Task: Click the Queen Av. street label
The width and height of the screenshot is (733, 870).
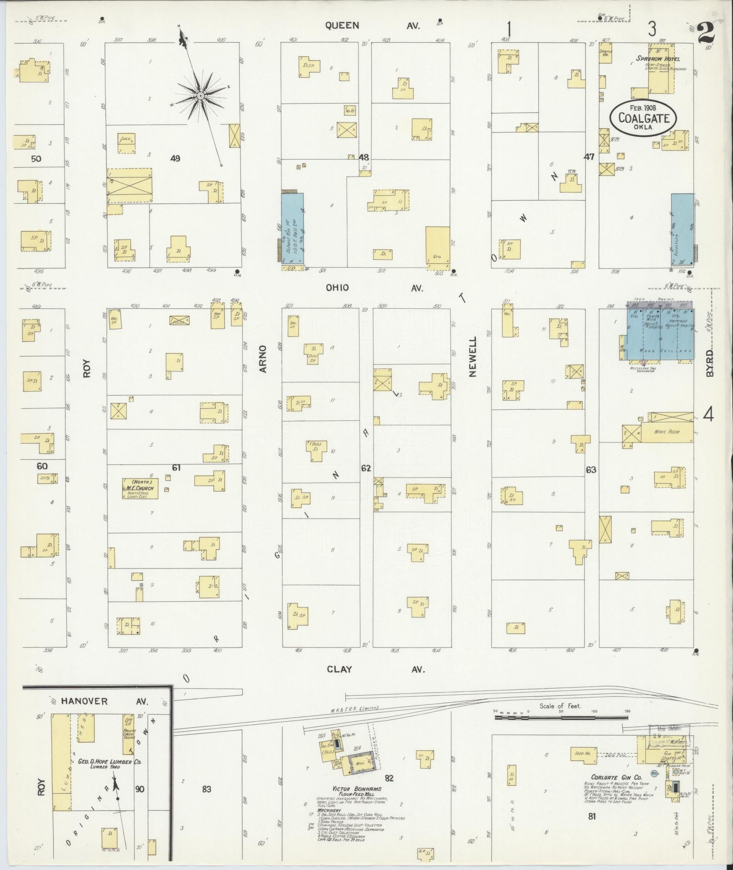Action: (372, 26)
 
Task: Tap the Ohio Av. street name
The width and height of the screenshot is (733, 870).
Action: (374, 288)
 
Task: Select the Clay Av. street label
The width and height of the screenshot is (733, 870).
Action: (375, 669)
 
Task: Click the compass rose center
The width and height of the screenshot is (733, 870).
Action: (200, 96)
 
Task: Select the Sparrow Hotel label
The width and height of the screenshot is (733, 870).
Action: (658, 59)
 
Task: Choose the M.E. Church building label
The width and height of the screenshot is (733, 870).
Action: (140, 488)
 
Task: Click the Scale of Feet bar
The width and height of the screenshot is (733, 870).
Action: (561, 717)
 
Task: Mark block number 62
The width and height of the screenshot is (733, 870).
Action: (366, 468)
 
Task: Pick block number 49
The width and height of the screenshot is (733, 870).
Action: (175, 158)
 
